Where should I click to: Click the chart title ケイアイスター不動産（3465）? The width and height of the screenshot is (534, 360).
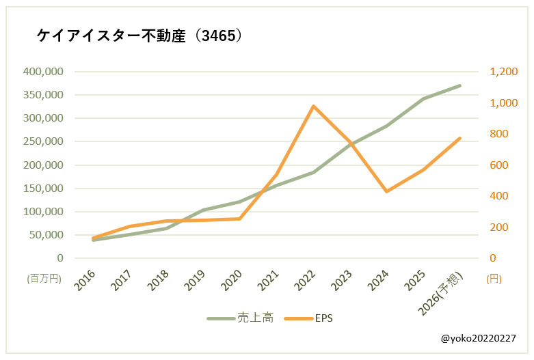[x=139, y=36]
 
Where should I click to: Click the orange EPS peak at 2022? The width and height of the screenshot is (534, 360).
[x=313, y=107]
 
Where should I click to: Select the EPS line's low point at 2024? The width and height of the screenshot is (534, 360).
[x=386, y=191]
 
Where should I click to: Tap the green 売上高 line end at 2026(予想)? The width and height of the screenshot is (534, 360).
[x=459, y=85]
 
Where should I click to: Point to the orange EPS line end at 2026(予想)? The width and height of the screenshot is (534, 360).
[x=459, y=138]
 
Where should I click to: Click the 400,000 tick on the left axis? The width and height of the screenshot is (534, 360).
[x=43, y=72]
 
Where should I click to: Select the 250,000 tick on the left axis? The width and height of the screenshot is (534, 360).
[x=43, y=142]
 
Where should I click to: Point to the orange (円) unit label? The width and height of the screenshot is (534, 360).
[x=494, y=279]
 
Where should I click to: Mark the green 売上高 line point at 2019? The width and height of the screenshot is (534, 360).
[x=203, y=210]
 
